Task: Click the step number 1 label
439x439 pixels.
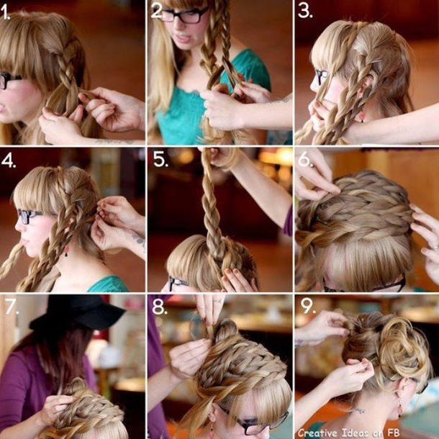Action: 5,13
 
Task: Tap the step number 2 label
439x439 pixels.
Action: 158,12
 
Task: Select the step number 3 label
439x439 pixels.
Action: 304,12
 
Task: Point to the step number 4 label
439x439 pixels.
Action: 9,160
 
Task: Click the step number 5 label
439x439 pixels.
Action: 160,160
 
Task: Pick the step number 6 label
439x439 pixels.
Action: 305,160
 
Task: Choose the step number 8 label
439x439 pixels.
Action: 159,307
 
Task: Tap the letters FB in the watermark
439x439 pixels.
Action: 393,433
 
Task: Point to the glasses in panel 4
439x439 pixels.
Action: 28,216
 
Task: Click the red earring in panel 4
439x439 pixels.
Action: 66,250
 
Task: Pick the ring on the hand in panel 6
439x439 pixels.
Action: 435,247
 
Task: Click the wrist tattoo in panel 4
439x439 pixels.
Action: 138,239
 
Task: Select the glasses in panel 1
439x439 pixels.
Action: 8,80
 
